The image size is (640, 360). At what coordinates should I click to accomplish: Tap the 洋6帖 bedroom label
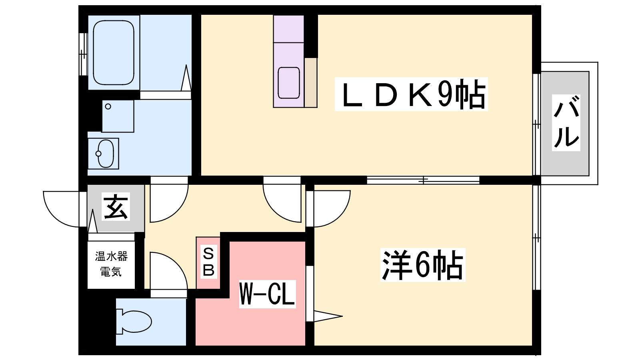point(422,265)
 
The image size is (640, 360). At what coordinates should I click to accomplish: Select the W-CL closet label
point(267,294)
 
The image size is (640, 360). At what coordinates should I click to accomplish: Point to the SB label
point(208,262)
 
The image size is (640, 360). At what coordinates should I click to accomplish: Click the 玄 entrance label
point(116,206)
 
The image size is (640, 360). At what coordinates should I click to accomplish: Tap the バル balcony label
point(566,122)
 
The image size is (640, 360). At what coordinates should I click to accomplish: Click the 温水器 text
point(111,256)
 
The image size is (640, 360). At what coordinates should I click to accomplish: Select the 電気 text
point(111,272)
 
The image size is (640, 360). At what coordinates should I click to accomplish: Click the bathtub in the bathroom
point(114,52)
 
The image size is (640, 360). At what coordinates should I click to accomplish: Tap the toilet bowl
point(134,322)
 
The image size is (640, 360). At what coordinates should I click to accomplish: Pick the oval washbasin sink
point(105,154)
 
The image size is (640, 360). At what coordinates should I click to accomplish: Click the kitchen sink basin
point(288,83)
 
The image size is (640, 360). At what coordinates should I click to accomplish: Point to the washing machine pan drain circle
point(108,106)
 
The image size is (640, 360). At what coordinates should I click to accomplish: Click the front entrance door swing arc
point(62,209)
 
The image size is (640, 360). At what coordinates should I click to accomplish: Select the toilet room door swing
point(168,271)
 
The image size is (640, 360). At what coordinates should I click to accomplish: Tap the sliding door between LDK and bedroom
point(423,180)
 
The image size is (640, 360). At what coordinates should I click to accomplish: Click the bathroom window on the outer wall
point(83,54)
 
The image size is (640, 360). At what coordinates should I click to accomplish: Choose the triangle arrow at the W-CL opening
point(328,316)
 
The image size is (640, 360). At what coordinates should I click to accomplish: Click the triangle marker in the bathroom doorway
point(186,78)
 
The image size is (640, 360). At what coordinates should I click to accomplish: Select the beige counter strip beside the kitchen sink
point(310,82)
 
